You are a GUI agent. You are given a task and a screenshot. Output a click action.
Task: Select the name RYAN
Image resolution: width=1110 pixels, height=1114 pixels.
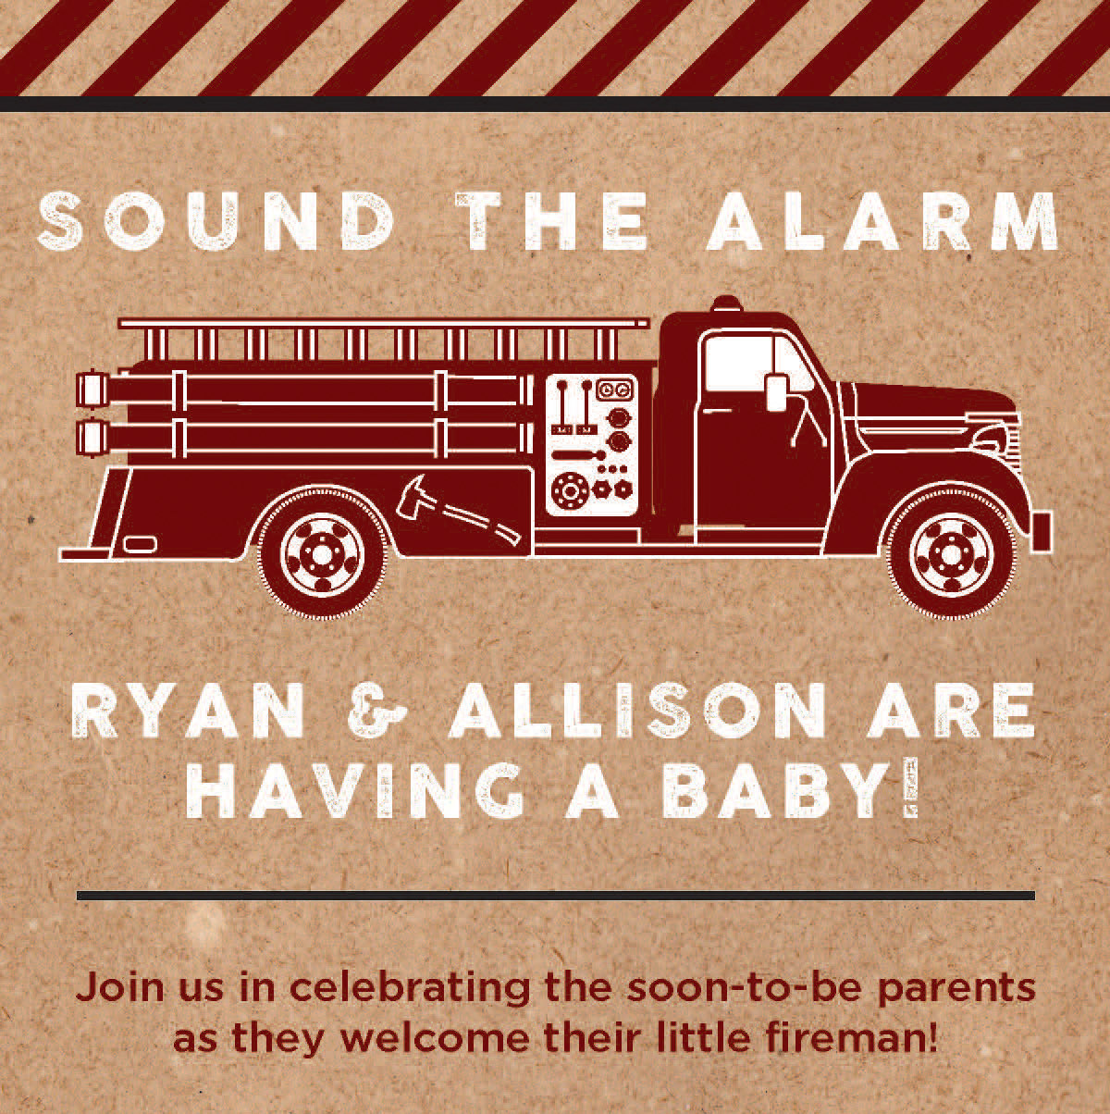pos(188,710)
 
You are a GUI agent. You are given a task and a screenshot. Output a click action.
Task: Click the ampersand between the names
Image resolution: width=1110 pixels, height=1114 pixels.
pos(377,711)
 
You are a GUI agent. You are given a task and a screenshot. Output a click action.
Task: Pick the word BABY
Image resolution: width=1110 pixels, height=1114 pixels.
pos(789,789)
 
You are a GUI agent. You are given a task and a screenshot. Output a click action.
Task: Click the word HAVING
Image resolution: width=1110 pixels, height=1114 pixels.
pos(354,791)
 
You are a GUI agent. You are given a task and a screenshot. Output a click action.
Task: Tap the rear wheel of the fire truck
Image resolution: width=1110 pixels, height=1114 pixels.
pos(322,554)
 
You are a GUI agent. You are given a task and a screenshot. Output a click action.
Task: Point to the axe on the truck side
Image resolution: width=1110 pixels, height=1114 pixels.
pos(457,511)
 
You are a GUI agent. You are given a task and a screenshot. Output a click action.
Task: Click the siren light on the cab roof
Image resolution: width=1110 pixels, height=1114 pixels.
pos(727,304)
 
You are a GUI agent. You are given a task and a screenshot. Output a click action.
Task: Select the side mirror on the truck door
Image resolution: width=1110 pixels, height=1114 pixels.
pos(777,391)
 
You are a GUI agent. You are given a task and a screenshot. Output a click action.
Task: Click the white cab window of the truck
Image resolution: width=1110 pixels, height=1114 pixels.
pos(755,363)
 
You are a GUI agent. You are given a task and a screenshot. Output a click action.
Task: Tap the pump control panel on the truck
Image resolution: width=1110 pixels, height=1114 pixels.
pos(591,444)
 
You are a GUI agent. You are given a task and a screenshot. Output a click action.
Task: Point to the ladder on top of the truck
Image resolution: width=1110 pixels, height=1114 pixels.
pos(384,339)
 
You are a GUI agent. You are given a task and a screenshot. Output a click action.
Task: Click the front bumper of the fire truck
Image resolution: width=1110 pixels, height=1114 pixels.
pos(1044,532)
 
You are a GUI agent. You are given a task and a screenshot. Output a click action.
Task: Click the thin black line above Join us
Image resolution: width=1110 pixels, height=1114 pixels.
pos(556,896)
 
